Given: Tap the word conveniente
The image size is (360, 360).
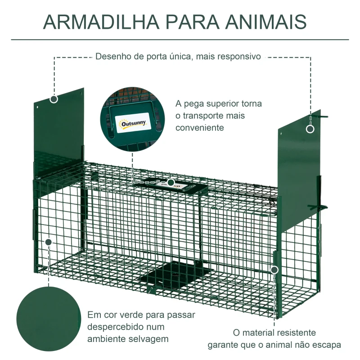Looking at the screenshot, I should click(200, 127).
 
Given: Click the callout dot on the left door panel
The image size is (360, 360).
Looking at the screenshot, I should click(54, 99).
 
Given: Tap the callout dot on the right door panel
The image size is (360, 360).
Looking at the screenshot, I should click(310, 129).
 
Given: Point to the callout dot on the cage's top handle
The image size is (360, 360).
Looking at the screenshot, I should click(171, 182).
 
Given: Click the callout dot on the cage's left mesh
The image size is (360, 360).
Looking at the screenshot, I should click(49, 242).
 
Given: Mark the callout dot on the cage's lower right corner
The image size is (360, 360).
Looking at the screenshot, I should click(274, 270).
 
